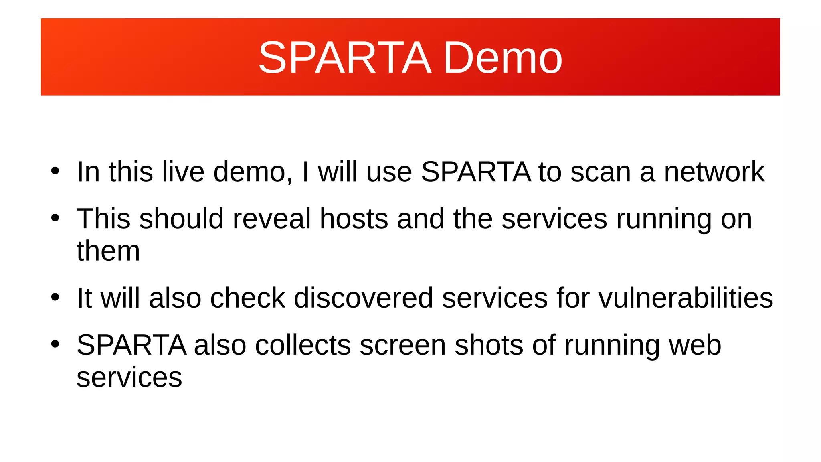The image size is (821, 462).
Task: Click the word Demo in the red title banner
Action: point(503,58)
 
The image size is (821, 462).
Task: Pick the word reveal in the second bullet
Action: point(271,219)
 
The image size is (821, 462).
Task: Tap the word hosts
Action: point(354,219)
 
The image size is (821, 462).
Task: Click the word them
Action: point(108,251)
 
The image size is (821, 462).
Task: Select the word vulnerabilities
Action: point(686,298)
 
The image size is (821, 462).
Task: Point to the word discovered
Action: point(363,298)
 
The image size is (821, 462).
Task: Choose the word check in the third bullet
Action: point(247,298)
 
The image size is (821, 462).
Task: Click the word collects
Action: point(303,345)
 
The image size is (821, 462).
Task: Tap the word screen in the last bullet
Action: point(402,345)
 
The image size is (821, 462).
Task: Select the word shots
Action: point(489,345)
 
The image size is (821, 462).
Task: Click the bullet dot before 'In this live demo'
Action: point(55,171)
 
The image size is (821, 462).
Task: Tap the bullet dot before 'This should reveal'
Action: point(55,218)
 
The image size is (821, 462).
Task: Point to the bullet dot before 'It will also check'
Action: point(55,297)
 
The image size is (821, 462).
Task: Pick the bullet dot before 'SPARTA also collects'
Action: point(55,344)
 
